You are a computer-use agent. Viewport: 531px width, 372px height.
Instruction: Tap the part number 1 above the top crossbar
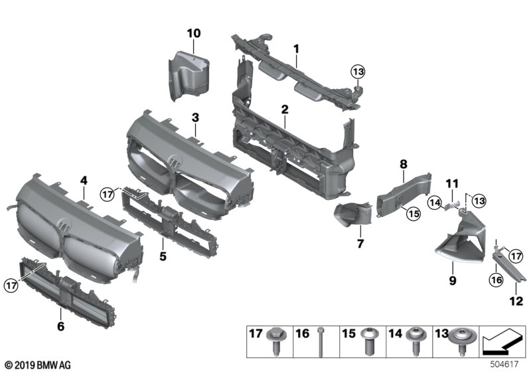[x=296, y=48]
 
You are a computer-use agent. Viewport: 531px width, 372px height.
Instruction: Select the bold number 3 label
[x=195, y=118]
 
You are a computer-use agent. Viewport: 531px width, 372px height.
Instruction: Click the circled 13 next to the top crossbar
[x=358, y=72]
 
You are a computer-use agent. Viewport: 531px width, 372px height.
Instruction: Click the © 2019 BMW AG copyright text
[x=37, y=365]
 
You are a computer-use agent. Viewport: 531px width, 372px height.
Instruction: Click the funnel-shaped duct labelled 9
[x=458, y=246]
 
